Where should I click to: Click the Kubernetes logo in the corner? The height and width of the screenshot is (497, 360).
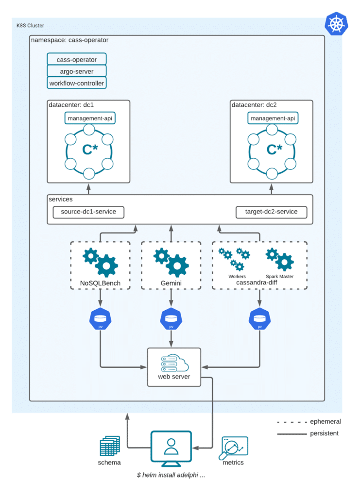pyautogui.click(x=336, y=24)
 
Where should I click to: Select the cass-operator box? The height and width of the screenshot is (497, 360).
pyautogui.click(x=77, y=59)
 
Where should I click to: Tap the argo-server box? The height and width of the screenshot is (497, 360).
pyautogui.click(x=77, y=71)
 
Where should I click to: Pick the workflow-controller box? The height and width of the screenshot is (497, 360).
pyautogui.click(x=77, y=83)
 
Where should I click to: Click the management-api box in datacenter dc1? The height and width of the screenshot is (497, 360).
pyautogui.click(x=90, y=118)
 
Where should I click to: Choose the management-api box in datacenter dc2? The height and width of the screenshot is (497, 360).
pyautogui.click(x=273, y=118)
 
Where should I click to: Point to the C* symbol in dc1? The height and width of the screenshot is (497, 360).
pyautogui.click(x=90, y=149)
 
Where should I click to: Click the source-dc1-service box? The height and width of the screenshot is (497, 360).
pyautogui.click(x=88, y=212)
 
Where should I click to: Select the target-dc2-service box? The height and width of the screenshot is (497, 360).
pyautogui.click(x=272, y=212)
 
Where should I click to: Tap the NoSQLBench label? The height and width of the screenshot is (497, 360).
pyautogui.click(x=100, y=283)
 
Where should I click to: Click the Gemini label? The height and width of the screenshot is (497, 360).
pyautogui.click(x=171, y=283)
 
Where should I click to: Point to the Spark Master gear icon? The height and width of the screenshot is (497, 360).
pyautogui.click(x=280, y=259)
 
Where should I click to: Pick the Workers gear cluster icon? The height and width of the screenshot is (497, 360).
pyautogui.click(x=234, y=260)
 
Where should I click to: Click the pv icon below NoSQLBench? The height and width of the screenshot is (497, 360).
pyautogui.click(x=100, y=318)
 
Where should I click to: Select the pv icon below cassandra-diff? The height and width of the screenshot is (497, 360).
pyautogui.click(x=260, y=318)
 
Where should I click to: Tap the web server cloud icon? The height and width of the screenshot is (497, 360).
pyautogui.click(x=175, y=363)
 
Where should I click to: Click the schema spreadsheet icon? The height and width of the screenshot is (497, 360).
pyautogui.click(x=110, y=446)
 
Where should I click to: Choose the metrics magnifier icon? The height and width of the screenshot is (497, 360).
pyautogui.click(x=233, y=448)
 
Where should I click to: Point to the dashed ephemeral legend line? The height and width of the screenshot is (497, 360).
pyautogui.click(x=292, y=422)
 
